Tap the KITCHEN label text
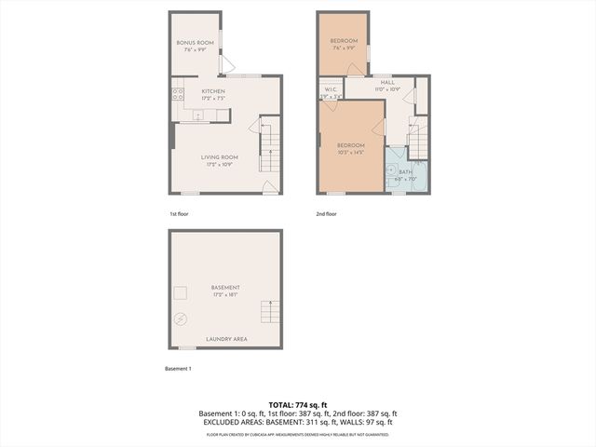click(x=213, y=90)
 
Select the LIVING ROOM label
click(x=220, y=157)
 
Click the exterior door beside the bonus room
click(x=225, y=63)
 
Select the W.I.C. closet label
click(x=330, y=90)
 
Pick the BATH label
click(x=404, y=172)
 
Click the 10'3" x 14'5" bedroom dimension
click(x=350, y=152)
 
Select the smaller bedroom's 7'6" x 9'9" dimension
click(x=344, y=48)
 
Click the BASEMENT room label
click(x=225, y=287)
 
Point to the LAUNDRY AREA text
click(x=225, y=339)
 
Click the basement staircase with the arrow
click(x=271, y=312)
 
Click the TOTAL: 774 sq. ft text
click(x=298, y=404)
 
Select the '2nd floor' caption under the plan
click(x=326, y=213)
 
